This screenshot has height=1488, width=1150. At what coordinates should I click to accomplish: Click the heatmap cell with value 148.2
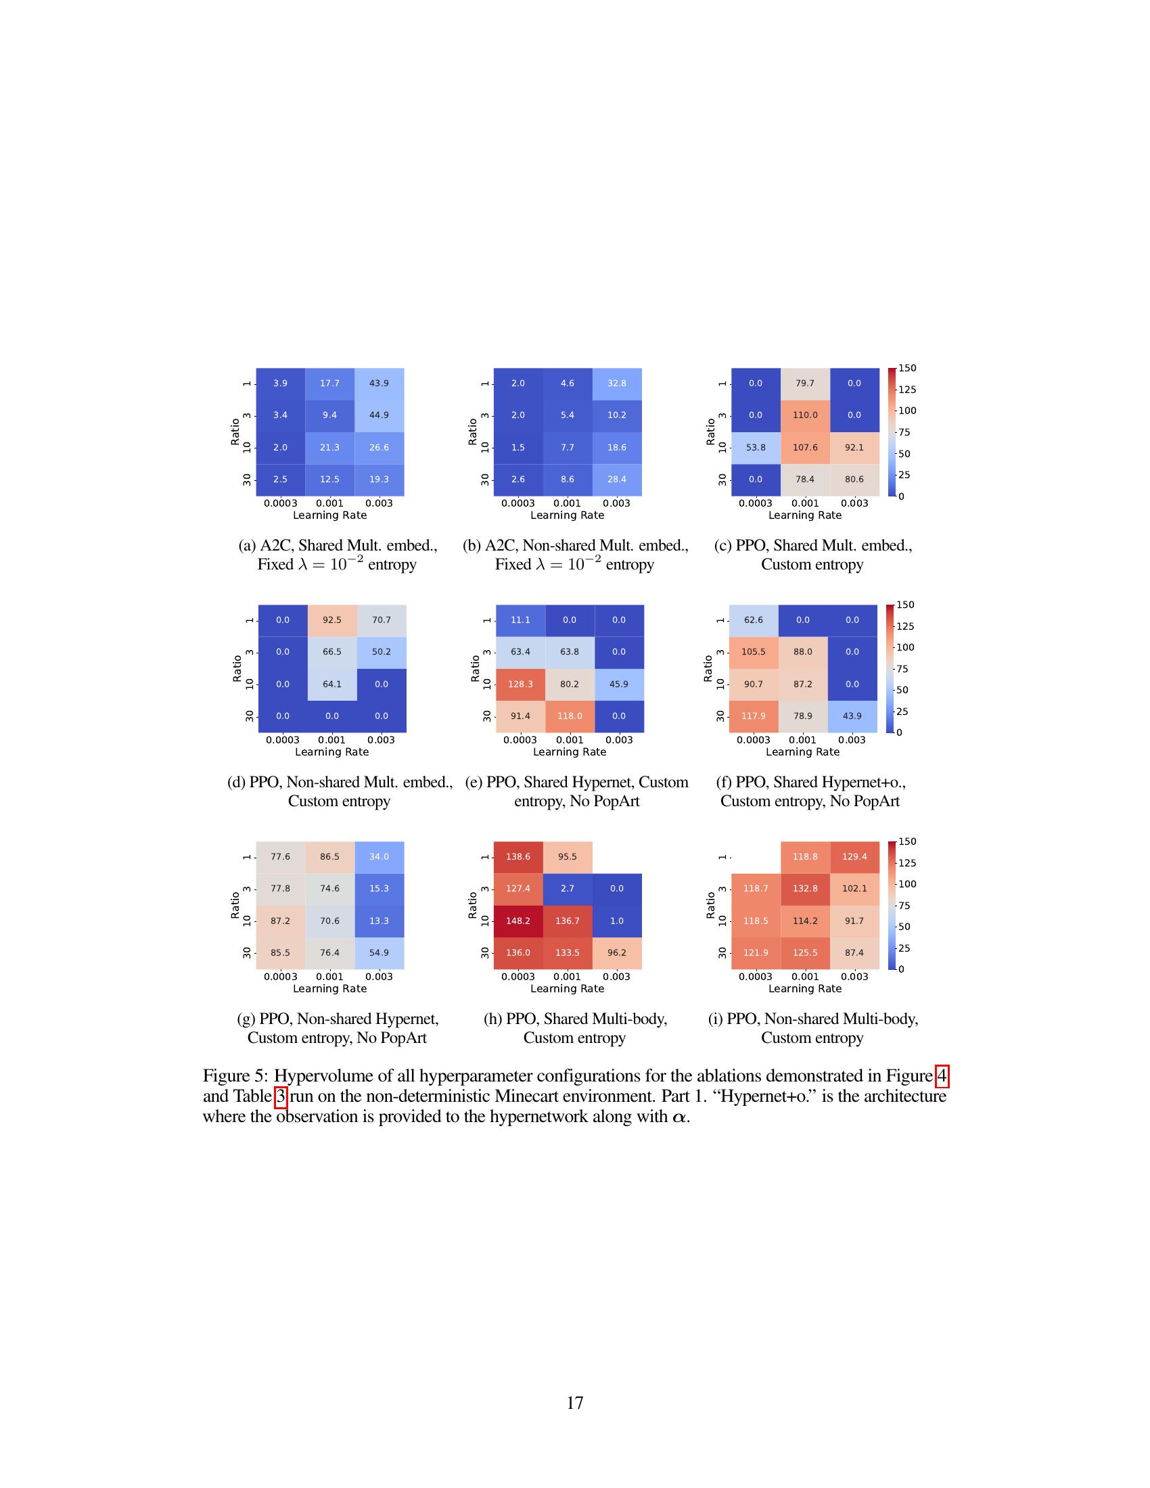[518, 921]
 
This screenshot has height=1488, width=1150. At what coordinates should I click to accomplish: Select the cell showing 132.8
[804, 889]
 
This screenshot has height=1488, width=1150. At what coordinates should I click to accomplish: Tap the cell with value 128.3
[520, 684]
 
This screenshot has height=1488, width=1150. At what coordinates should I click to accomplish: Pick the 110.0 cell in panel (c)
[804, 415]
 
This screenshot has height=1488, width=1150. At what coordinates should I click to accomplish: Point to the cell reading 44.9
[379, 415]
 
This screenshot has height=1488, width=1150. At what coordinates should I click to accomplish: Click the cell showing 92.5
[331, 620]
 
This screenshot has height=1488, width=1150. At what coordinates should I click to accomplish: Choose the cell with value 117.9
[754, 716]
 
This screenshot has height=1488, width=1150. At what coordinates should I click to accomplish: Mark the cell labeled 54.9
[379, 952]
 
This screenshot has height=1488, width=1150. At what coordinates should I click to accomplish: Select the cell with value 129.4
[854, 856]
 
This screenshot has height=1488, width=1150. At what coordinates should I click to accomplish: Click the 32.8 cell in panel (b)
[616, 383]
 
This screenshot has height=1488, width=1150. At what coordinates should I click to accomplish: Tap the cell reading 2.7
[568, 889]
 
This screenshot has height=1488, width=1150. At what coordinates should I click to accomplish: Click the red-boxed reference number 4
[942, 1076]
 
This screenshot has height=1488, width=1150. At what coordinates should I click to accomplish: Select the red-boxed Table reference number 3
[281, 1096]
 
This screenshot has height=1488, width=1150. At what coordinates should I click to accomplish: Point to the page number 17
[575, 1403]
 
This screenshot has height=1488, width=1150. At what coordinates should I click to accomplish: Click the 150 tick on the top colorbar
[906, 368]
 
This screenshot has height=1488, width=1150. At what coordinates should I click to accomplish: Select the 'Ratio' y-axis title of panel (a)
[235, 432]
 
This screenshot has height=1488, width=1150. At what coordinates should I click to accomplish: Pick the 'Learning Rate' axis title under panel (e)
[570, 752]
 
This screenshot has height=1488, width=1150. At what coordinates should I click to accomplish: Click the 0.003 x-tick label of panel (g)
[379, 976]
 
